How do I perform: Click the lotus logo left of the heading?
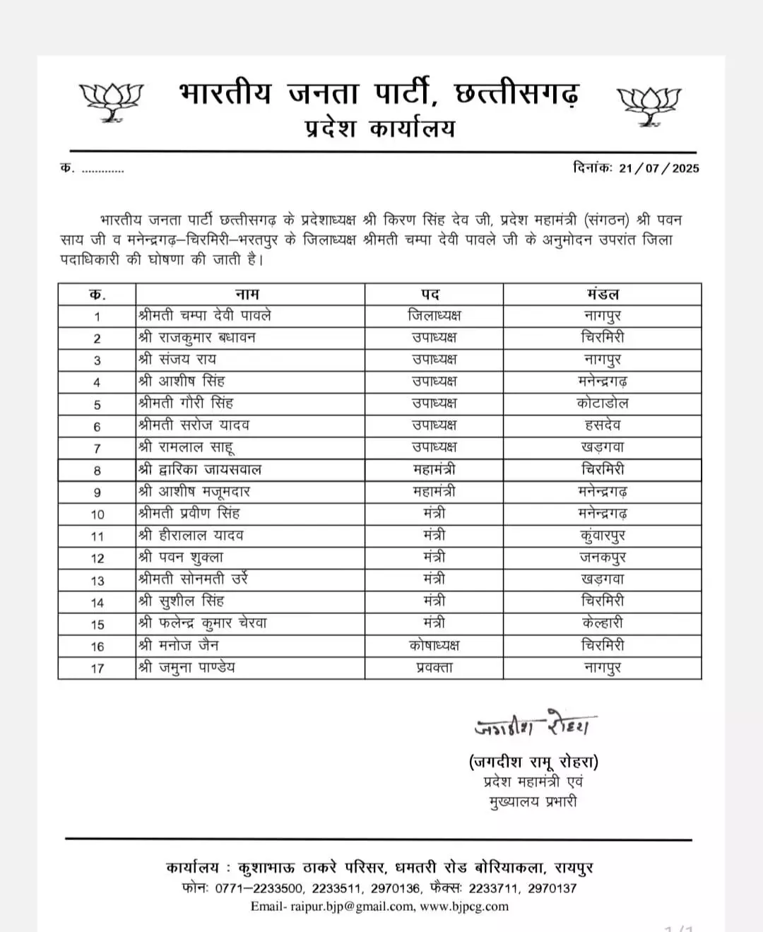coord(111,102)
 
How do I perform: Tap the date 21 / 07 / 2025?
coord(658,168)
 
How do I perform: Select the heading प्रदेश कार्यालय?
coord(380,129)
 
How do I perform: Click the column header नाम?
coord(247,294)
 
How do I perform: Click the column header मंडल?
coord(602,294)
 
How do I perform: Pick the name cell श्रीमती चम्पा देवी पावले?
coord(205,315)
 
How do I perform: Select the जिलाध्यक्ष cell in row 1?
coord(434,316)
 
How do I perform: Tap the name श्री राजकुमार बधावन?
coord(197,338)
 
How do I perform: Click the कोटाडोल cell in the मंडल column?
coord(602,403)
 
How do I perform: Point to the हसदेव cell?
coord(602,425)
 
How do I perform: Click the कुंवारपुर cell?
coord(602,536)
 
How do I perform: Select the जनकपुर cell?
coord(602,558)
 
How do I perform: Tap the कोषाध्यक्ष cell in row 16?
coord(434,645)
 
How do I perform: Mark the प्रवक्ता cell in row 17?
coord(434,667)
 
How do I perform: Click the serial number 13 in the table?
coord(97,580)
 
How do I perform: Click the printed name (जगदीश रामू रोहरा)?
coord(533,762)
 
